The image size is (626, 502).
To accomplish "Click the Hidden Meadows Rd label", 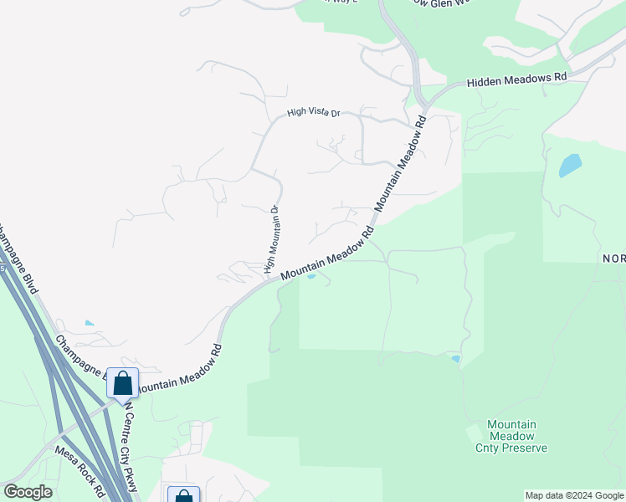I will [517, 78].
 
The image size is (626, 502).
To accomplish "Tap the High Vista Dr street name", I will [314, 112].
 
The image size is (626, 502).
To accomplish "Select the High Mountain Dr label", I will [270, 239].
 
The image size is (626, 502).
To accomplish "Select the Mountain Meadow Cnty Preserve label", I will [517, 436].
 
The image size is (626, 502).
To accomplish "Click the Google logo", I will [28, 492].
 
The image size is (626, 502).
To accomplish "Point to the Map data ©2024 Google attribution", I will [573, 495].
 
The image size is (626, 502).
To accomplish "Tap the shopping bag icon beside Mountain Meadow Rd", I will [122, 383].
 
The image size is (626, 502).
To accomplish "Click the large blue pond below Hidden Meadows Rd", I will [570, 165].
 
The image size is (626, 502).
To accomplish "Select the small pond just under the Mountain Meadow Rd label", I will [311, 277].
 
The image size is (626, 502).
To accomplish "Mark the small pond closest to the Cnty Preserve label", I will [455, 359].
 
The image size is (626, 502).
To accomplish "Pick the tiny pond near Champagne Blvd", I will [90, 323].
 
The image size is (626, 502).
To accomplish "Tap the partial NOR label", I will [613, 259].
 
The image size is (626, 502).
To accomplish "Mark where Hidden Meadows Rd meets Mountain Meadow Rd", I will [426, 105].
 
